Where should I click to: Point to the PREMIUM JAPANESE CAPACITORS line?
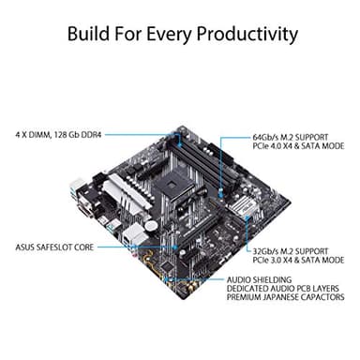[x=287, y=299]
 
